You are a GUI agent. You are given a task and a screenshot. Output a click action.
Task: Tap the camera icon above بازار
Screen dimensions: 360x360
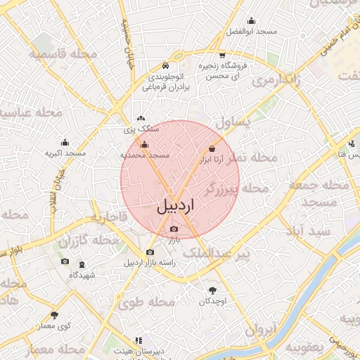174,229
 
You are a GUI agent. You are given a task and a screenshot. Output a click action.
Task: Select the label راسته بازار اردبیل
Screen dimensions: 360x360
150,264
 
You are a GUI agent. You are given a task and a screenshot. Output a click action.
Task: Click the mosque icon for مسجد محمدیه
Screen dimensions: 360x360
144,145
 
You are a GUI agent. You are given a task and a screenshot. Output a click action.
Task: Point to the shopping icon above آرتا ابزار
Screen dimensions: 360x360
212,148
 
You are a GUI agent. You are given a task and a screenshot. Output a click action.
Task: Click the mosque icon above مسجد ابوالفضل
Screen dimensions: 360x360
251,20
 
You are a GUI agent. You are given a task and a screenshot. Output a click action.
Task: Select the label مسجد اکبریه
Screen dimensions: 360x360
65,153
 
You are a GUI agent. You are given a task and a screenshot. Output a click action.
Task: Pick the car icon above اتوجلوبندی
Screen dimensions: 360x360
164,62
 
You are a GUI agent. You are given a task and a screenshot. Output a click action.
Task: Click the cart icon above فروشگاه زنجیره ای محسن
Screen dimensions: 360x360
222,54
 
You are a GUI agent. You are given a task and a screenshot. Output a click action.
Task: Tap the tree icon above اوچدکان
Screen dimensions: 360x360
212,290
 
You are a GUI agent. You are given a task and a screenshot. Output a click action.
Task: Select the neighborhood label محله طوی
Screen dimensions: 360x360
146,303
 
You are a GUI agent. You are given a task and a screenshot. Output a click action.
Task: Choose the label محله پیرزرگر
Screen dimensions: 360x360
236,188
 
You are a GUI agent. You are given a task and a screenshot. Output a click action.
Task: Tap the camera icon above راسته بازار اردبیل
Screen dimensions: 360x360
150,252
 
